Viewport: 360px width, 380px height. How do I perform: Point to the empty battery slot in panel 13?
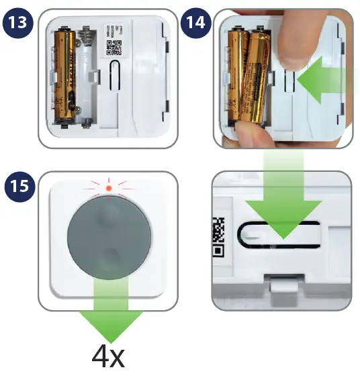87,74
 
